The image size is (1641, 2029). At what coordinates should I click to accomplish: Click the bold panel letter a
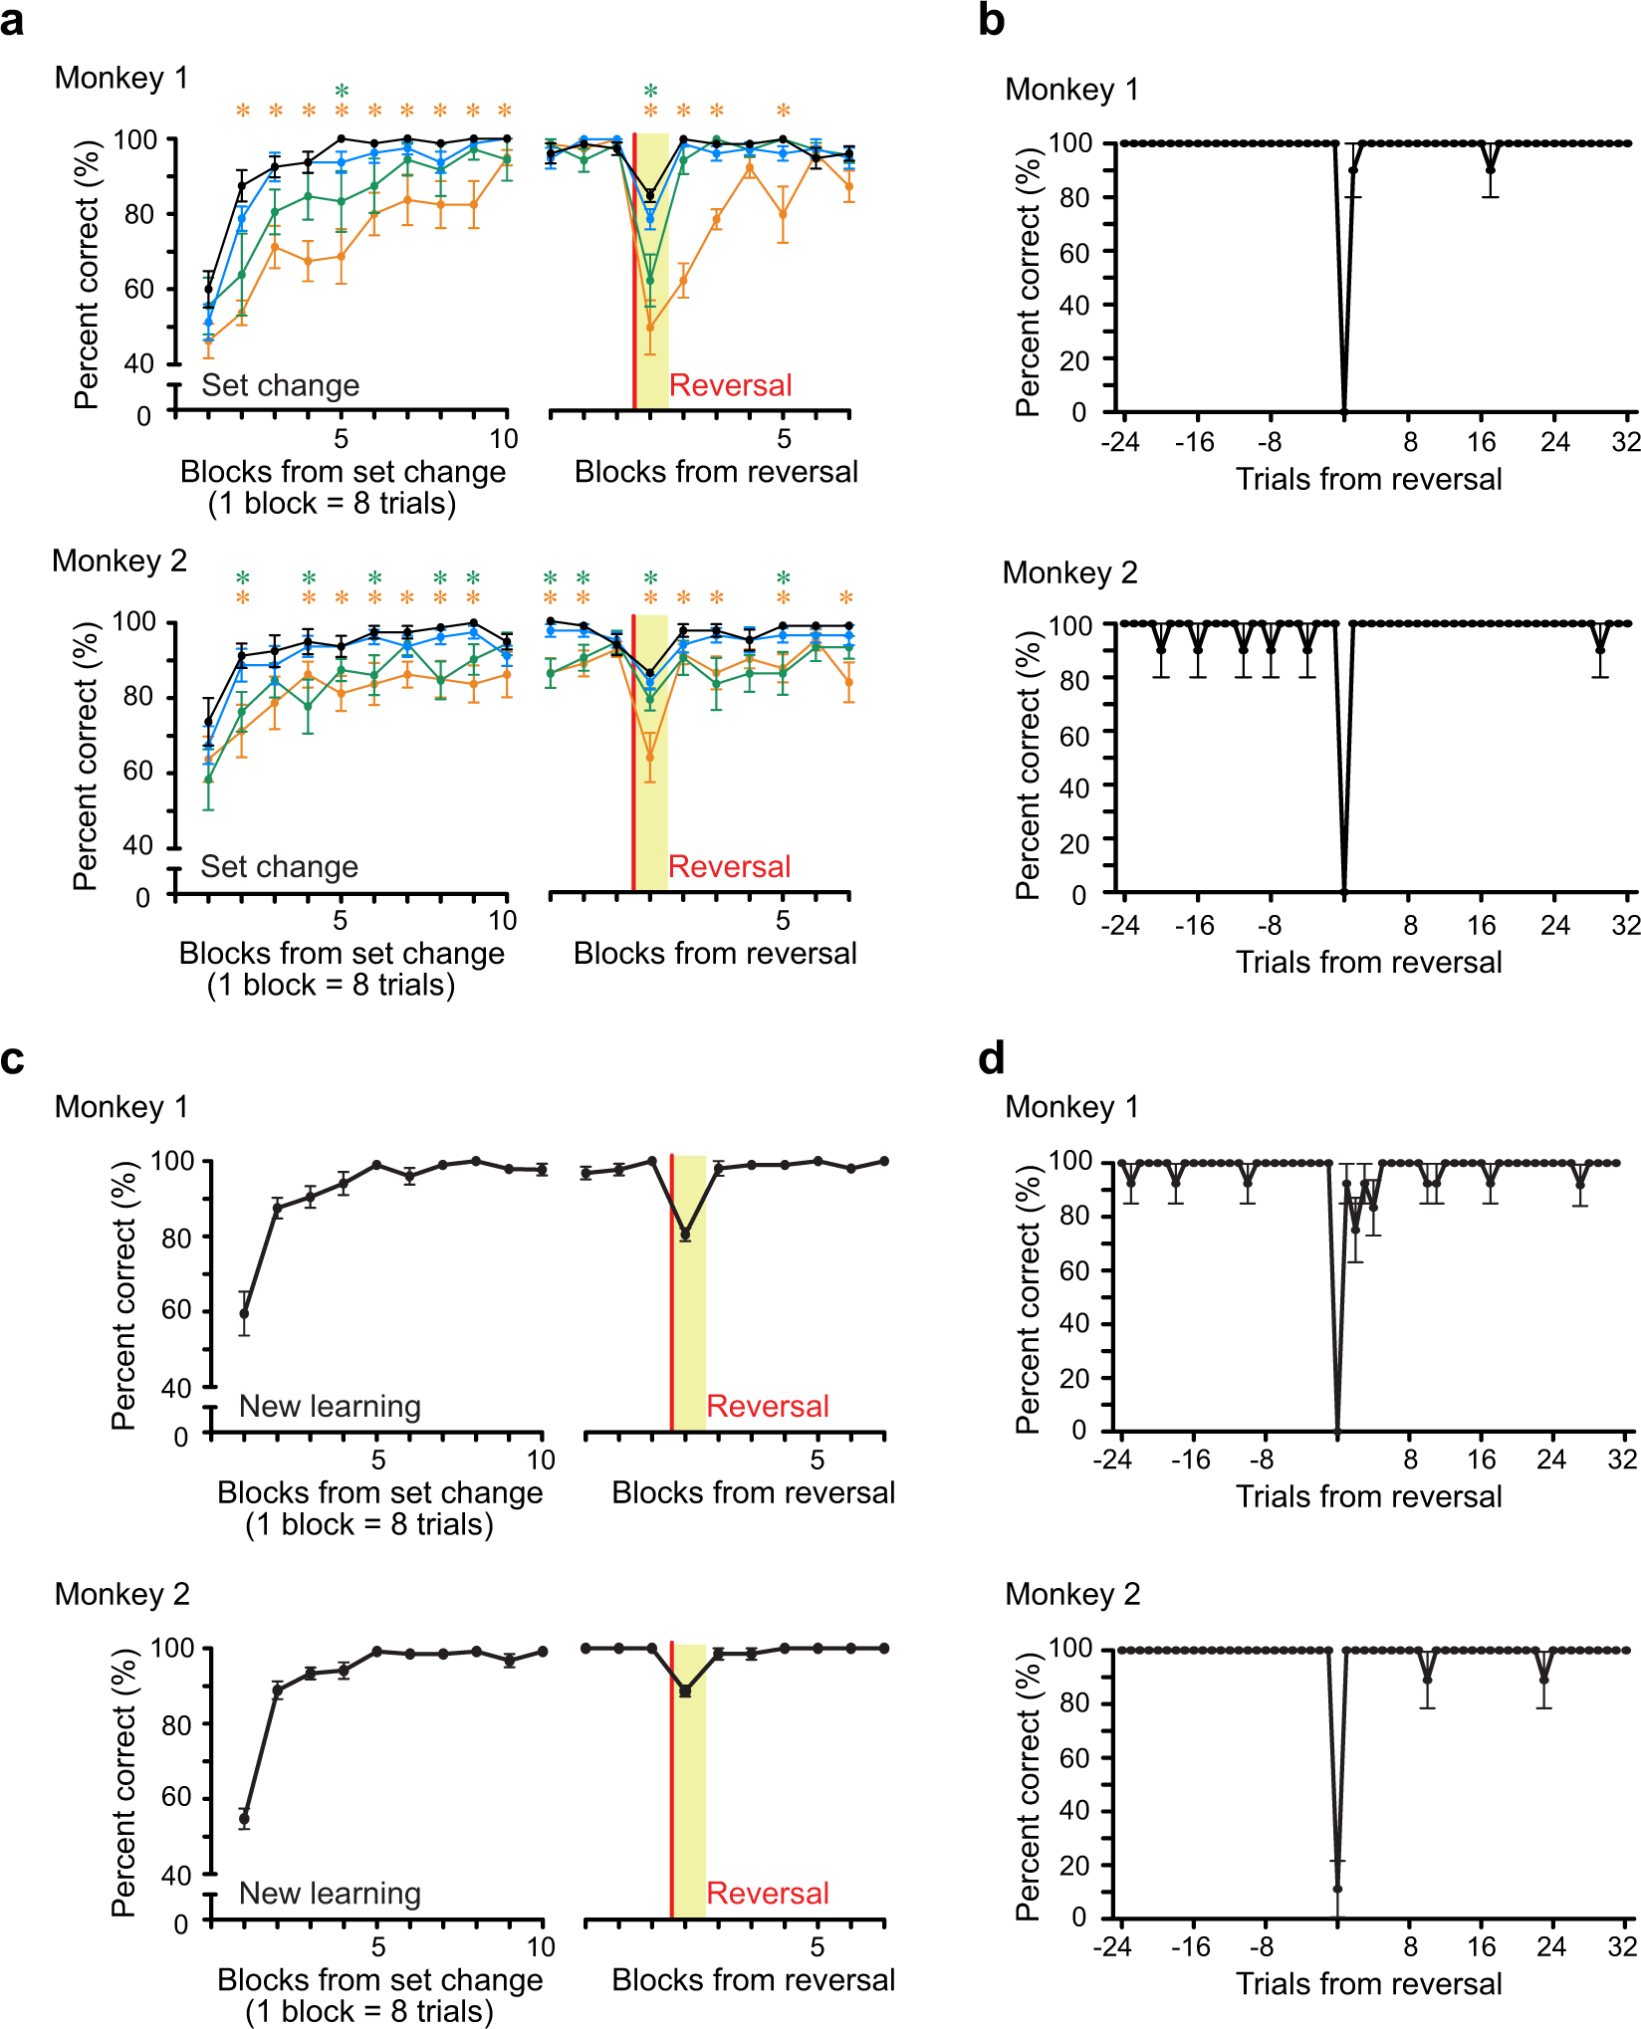tap(13, 20)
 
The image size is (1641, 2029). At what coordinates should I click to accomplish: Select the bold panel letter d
tap(992, 1058)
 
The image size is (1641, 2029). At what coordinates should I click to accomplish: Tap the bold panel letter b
tap(992, 20)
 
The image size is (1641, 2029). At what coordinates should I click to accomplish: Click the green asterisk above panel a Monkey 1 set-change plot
tap(342, 92)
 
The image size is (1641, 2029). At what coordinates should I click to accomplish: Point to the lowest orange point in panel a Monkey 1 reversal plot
tap(650, 327)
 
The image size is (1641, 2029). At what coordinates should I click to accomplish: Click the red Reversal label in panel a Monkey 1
tap(730, 385)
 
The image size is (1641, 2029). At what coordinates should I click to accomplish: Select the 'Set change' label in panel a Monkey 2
tap(279, 866)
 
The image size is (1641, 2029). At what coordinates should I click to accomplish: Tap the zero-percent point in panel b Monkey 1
tap(1344, 411)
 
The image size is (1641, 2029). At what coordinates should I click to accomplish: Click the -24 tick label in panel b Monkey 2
tap(1120, 926)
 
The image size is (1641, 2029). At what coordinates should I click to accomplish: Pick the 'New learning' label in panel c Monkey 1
tap(330, 1406)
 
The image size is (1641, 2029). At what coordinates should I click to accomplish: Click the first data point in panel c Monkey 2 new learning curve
tap(244, 1818)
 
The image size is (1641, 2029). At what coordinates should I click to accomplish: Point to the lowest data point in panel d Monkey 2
tap(1337, 1889)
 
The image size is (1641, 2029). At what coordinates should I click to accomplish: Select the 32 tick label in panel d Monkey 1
tap(1623, 1460)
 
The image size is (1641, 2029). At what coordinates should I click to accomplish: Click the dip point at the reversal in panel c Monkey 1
tap(685, 1235)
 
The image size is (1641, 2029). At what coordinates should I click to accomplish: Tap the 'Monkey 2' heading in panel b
tap(1069, 572)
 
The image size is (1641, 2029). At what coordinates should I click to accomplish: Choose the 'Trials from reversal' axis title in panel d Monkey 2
tap(1368, 1984)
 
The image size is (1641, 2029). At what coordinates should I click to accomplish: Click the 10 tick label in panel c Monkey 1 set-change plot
tap(541, 1460)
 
